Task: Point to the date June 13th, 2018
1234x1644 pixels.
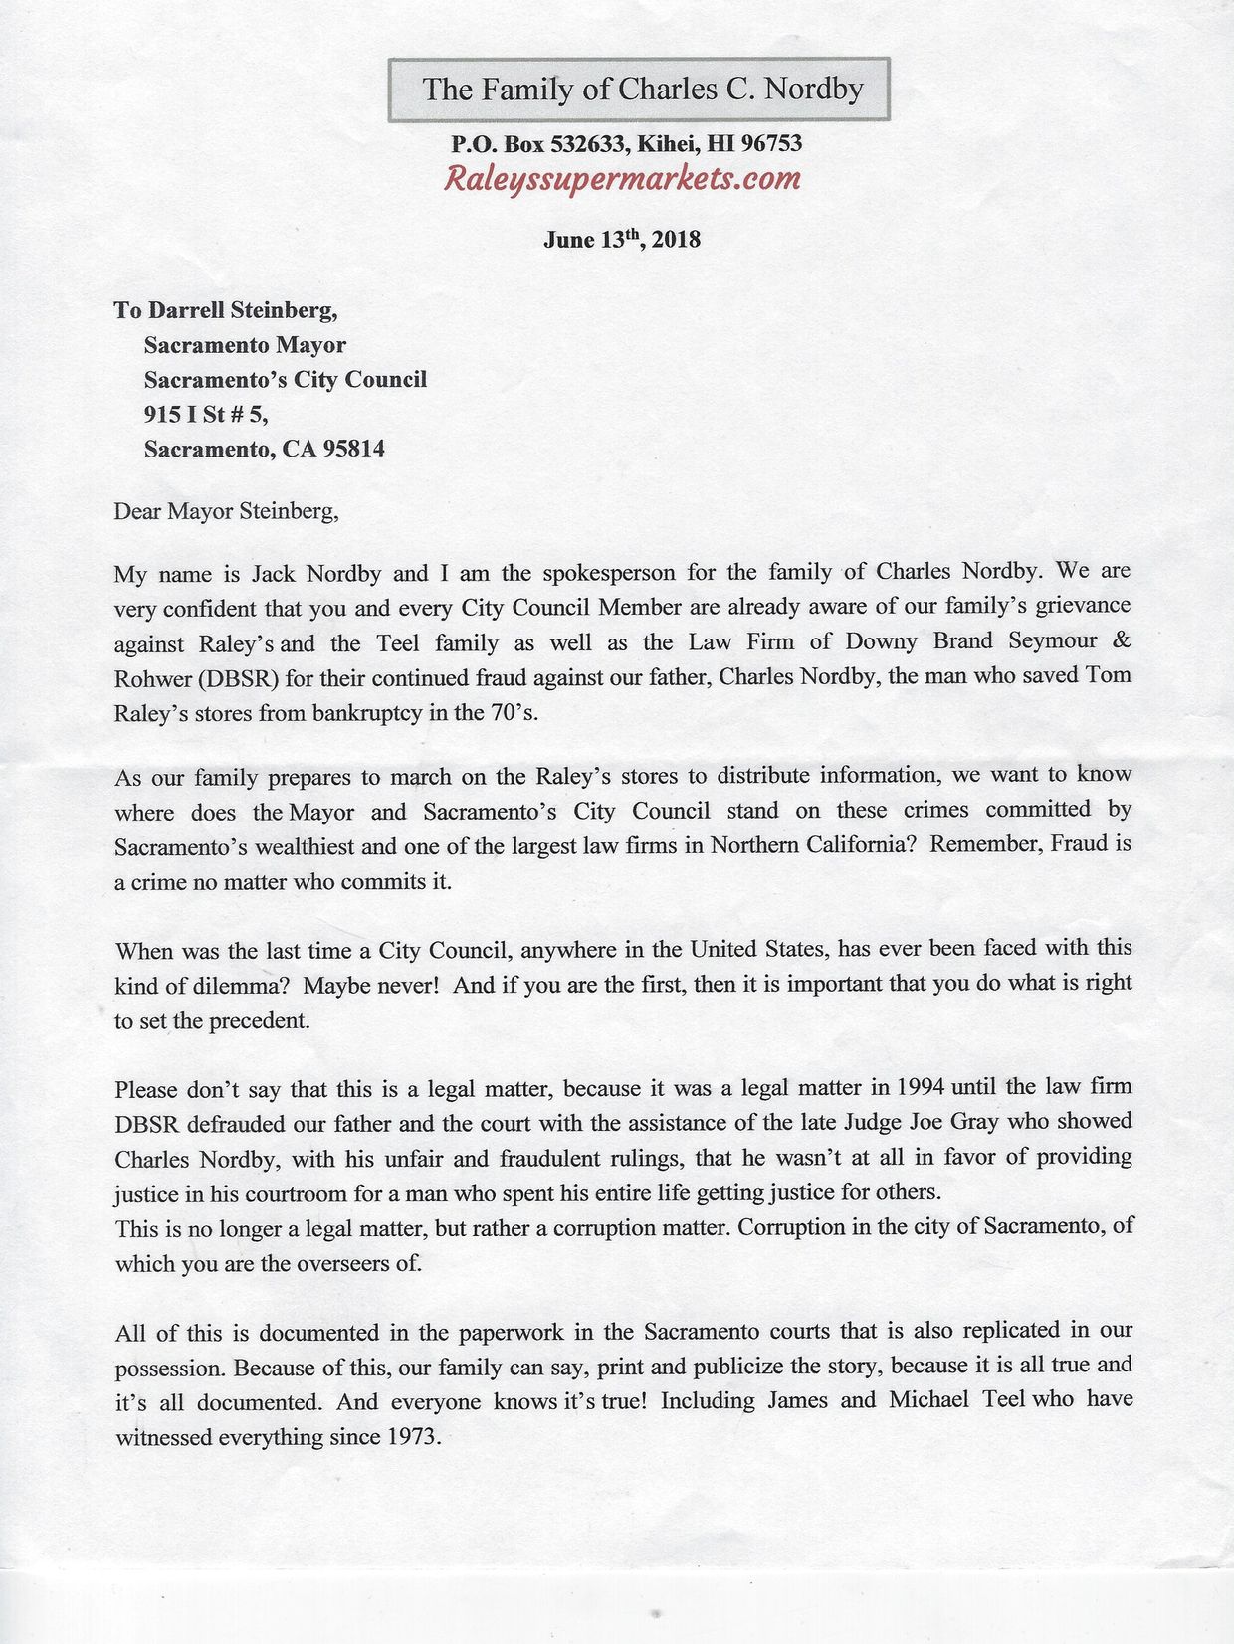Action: (621, 240)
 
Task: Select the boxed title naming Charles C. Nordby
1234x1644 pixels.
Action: (642, 91)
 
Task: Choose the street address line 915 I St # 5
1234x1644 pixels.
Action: (206, 414)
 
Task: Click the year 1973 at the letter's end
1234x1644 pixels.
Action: (409, 1438)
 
